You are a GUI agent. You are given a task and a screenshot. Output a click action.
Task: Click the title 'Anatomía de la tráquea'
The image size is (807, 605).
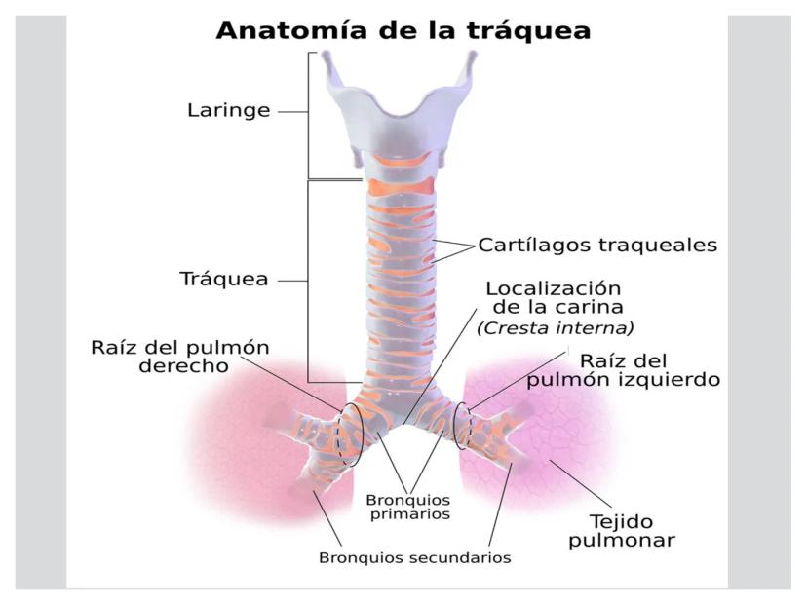pyautogui.click(x=403, y=30)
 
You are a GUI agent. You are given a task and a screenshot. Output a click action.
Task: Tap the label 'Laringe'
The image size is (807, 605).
pyautogui.click(x=228, y=110)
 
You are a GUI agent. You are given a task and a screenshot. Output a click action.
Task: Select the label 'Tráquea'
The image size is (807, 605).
pyautogui.click(x=224, y=279)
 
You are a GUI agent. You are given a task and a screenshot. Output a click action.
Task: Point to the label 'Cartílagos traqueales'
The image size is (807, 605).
pyautogui.click(x=597, y=245)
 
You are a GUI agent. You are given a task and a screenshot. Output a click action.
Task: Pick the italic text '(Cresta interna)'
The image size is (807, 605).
pyautogui.click(x=556, y=327)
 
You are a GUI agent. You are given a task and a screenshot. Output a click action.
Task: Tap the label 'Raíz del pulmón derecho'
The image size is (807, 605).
pyautogui.click(x=180, y=356)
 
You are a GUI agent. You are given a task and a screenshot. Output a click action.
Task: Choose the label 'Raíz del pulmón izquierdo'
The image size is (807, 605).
pyautogui.click(x=623, y=370)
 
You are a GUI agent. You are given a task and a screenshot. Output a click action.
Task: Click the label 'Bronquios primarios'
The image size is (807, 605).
pyautogui.click(x=408, y=507)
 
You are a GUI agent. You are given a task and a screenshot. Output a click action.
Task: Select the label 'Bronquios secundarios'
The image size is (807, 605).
pyautogui.click(x=415, y=557)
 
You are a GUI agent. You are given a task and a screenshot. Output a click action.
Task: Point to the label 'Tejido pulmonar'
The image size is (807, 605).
pyautogui.click(x=622, y=531)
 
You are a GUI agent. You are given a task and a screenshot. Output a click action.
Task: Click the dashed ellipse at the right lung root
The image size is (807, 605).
pyautogui.click(x=350, y=435)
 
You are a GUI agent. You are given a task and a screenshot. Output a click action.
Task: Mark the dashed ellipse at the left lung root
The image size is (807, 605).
pyautogui.click(x=462, y=426)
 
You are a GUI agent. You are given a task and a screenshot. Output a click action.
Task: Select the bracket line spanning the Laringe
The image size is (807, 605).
pyautogui.click(x=308, y=115)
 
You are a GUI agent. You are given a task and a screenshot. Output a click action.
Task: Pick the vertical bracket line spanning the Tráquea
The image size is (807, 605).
pyautogui.click(x=308, y=281)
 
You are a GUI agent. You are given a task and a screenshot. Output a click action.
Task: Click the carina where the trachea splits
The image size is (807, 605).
pyautogui.click(x=403, y=425)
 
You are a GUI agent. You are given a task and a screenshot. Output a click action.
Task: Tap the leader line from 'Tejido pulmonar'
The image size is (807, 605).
pyautogui.click(x=580, y=483)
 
